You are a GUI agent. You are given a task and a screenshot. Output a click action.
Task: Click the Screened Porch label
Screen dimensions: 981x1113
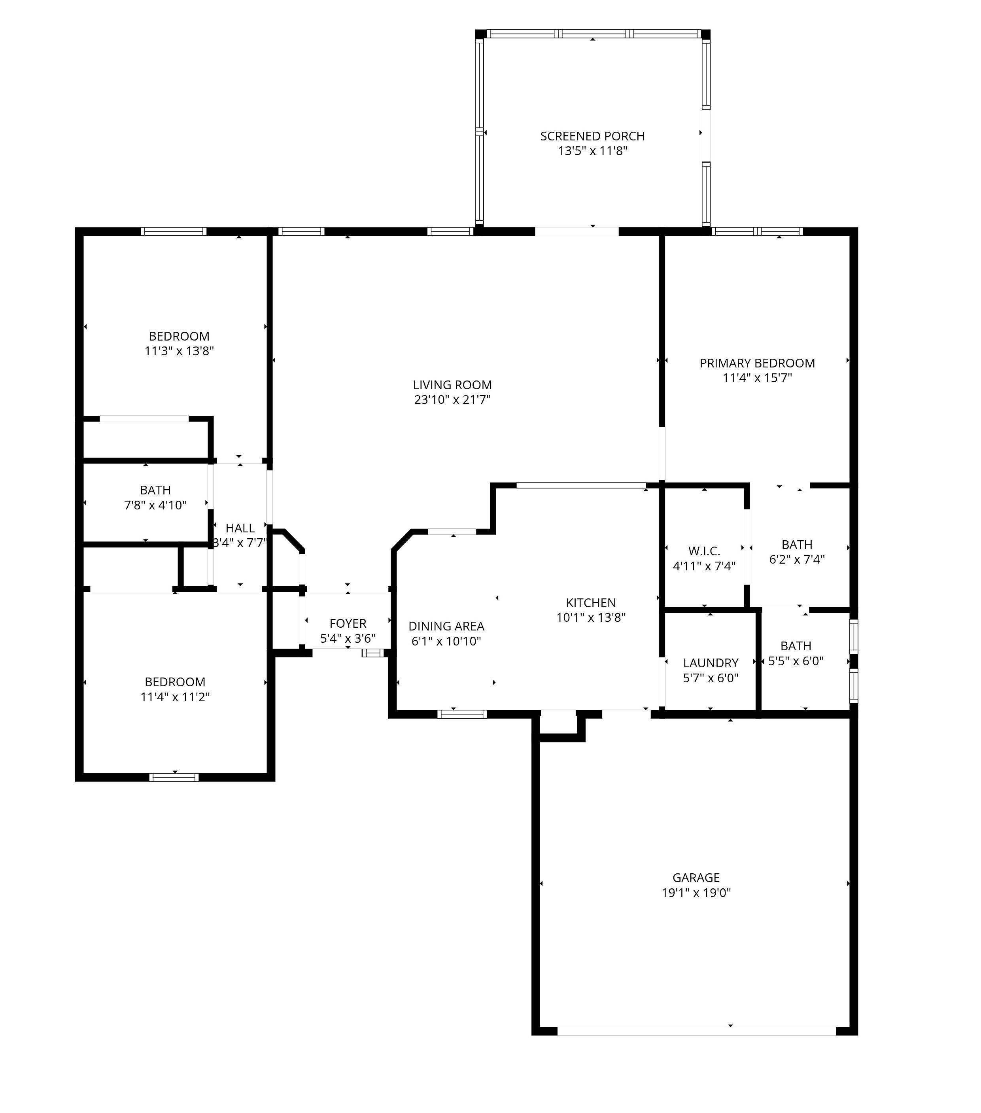click(592, 136)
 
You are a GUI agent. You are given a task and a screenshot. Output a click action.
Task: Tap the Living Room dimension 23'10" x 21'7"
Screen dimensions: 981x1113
click(452, 400)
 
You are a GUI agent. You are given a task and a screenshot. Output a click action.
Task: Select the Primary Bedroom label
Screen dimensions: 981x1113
click(757, 363)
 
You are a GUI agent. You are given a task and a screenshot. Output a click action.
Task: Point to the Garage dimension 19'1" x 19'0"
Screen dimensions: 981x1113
click(696, 892)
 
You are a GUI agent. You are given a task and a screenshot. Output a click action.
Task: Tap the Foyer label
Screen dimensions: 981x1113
click(348, 623)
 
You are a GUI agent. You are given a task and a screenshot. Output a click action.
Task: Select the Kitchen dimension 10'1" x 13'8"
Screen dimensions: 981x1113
click(591, 617)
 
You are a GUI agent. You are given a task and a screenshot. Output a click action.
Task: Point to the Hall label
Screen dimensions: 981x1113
click(240, 528)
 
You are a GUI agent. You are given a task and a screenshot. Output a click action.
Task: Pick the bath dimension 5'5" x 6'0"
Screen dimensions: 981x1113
click(796, 661)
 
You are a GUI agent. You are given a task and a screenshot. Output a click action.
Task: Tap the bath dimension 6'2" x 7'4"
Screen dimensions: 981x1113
click(797, 559)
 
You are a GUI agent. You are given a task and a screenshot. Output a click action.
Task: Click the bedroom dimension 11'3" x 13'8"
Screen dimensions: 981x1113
click(179, 351)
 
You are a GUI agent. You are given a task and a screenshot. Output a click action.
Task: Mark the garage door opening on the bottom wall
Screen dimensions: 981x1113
click(696, 1031)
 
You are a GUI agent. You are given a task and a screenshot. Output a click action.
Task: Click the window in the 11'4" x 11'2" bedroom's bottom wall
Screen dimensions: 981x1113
click(174, 777)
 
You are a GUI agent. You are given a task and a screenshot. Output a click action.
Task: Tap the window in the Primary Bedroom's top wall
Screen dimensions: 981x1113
click(757, 231)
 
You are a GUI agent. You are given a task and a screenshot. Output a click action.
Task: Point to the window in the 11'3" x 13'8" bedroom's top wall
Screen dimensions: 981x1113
click(174, 231)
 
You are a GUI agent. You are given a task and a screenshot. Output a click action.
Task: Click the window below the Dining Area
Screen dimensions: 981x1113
click(462, 714)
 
